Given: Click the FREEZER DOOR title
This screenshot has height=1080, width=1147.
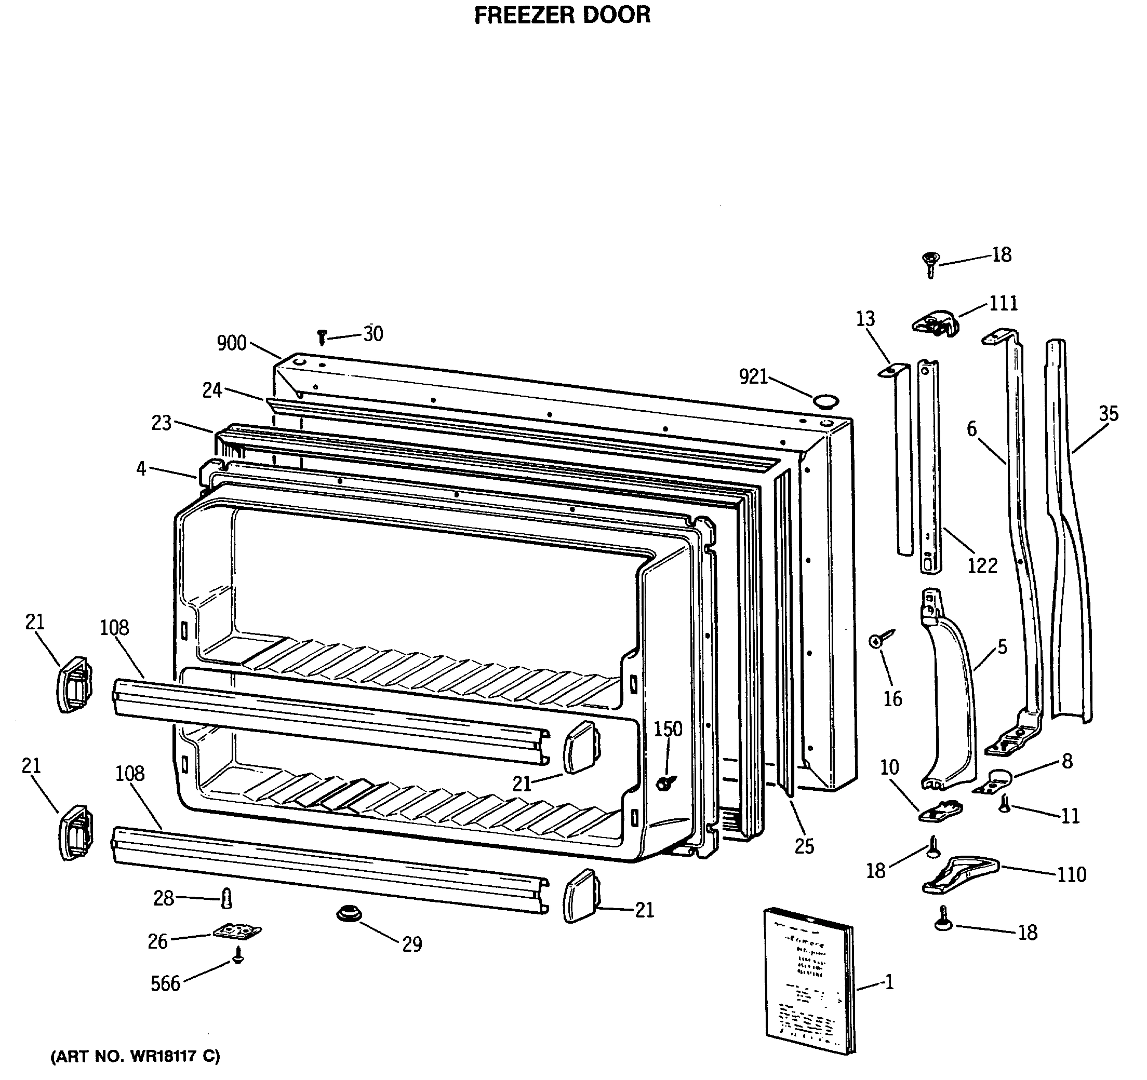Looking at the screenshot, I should tap(562, 15).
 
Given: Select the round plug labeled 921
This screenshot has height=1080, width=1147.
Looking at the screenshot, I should tap(825, 401).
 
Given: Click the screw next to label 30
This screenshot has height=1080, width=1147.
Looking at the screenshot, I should tap(323, 337).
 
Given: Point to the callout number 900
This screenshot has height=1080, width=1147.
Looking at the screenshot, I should tap(231, 343).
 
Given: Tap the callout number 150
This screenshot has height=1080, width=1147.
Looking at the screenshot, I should tap(668, 729).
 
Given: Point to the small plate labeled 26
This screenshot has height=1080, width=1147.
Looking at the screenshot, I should tap(237, 931).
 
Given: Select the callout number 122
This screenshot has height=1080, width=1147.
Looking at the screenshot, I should tap(982, 565).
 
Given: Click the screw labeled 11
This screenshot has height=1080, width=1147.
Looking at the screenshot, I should tap(1005, 804).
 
